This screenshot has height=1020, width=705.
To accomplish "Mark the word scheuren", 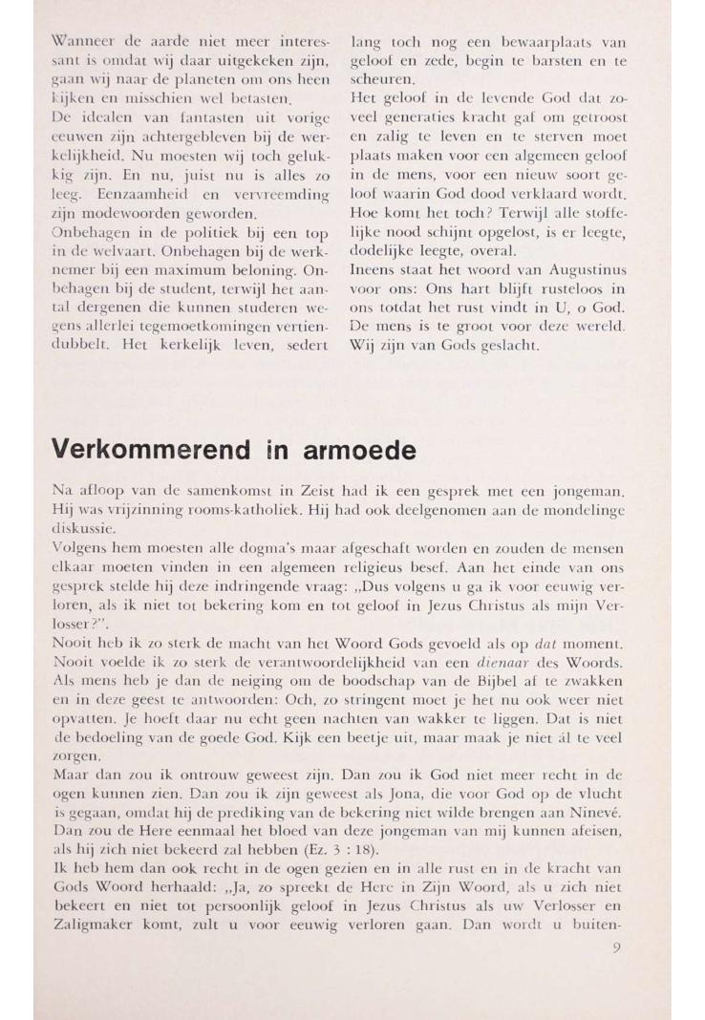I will coord(380,78).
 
